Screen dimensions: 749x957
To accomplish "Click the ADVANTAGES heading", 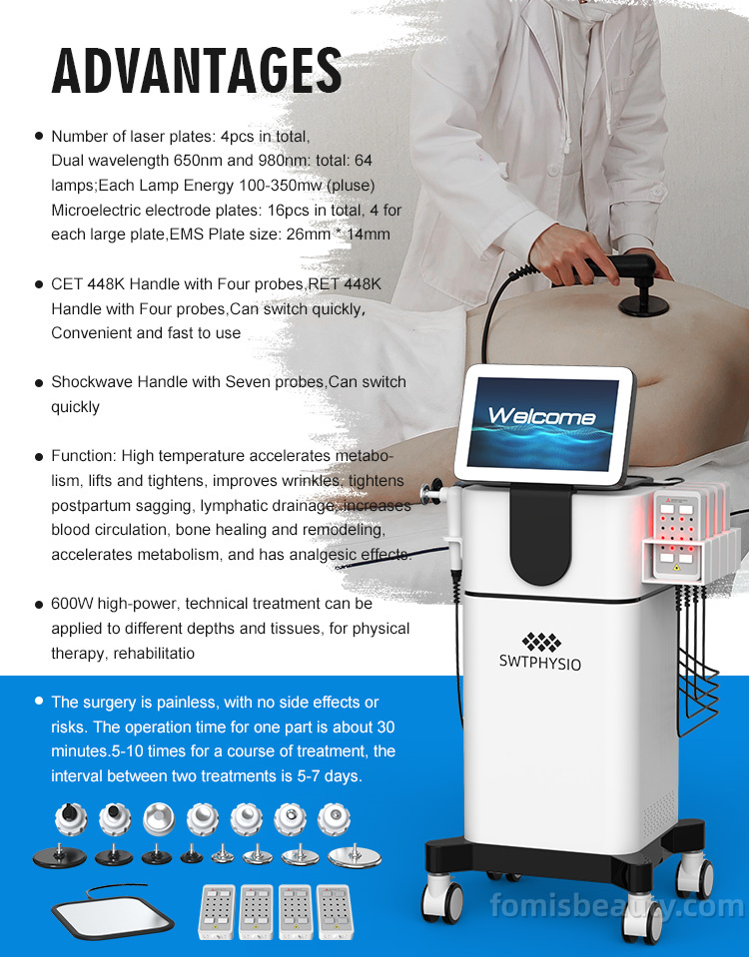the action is [x=197, y=72].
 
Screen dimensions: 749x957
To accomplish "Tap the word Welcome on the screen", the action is [x=541, y=416].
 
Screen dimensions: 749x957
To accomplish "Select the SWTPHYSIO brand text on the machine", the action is [x=540, y=663].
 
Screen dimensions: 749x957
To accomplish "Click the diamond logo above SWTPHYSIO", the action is [x=541, y=642].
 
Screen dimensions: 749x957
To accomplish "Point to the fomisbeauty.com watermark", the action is [x=617, y=905].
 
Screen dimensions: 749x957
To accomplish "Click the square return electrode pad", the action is [x=113, y=915].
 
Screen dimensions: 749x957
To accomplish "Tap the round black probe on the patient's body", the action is [x=644, y=305].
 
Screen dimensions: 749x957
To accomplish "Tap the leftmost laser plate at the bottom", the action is [x=217, y=912].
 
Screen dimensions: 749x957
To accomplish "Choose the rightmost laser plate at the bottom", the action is [x=335, y=912].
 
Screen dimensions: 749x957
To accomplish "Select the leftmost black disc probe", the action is [x=59, y=855].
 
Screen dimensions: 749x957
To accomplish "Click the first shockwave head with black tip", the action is [x=72, y=818].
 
